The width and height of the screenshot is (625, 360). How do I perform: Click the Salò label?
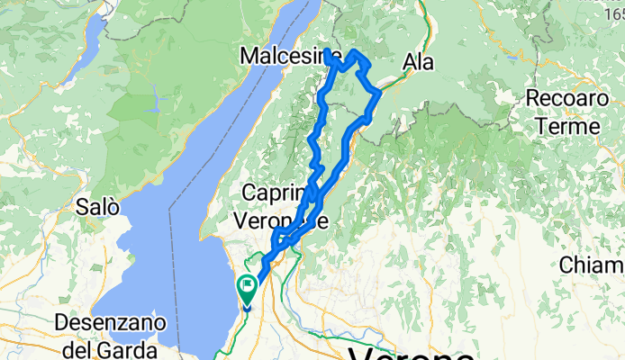pyautogui.click(x=98, y=206)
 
